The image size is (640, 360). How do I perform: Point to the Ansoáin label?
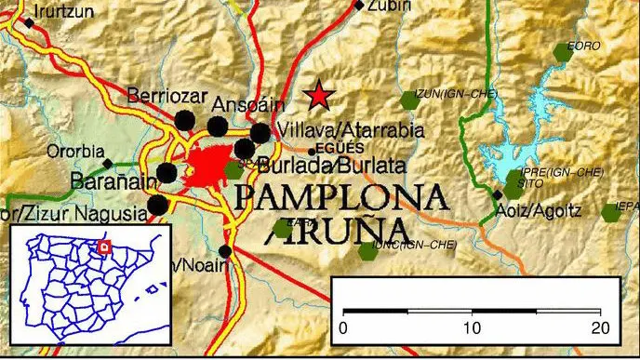tap(244, 103)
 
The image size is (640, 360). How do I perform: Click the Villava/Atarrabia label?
tap(352, 129)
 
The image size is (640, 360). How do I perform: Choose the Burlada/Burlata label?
tap(333, 166)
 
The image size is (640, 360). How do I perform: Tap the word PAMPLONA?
tap(340, 197)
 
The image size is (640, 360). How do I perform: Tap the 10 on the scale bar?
tap(472, 327)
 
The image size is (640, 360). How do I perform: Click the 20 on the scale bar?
tap(599, 327)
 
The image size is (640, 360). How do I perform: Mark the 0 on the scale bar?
tap(343, 327)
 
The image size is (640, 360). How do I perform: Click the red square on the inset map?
tap(105, 247)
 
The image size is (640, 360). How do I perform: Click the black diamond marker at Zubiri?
tap(359, 7)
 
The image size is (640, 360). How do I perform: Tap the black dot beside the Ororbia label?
tap(107, 163)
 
